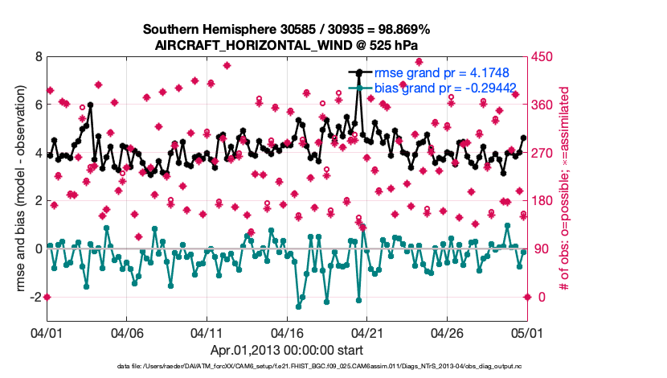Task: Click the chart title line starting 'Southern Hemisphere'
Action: pyautogui.click(x=286, y=30)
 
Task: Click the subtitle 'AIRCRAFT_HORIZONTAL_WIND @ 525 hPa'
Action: pyautogui.click(x=286, y=45)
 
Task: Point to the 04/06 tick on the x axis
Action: pyautogui.click(x=127, y=332)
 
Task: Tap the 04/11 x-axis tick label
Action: pyautogui.click(x=207, y=332)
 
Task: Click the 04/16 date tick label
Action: pyautogui.click(x=287, y=332)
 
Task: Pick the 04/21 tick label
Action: pyautogui.click(x=367, y=332)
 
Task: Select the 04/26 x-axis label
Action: pyautogui.click(x=447, y=332)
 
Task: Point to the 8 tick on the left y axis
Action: pyautogui.click(x=38, y=57)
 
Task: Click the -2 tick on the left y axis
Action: pyautogui.click(x=35, y=297)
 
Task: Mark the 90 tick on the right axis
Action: pyautogui.click(x=542, y=249)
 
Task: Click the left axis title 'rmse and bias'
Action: pyautogui.click(x=17, y=189)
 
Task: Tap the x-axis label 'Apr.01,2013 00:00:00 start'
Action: pyautogui.click(x=286, y=350)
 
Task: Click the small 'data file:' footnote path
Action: pyautogui.click(x=286, y=367)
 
